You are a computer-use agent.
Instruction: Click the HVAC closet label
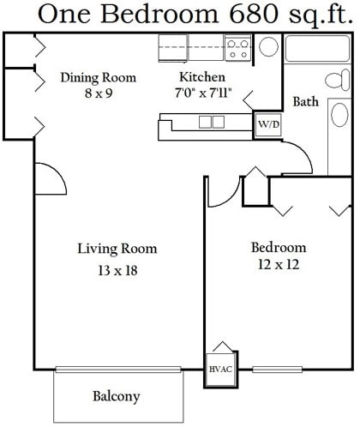tap(220, 369)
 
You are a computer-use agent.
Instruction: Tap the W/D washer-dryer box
tap(268, 124)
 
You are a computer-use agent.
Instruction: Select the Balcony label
tap(117, 396)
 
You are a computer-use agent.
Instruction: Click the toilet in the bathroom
tap(338, 80)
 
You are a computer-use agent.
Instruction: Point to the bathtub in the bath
tap(317, 48)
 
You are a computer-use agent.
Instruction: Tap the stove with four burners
tap(237, 48)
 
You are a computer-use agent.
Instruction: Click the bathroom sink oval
tap(339, 115)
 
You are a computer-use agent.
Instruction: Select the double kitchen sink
tap(212, 122)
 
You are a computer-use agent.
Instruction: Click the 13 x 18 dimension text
tap(117, 270)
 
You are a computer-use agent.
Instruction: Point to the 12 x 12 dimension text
tap(279, 264)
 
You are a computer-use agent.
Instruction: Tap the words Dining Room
tap(99, 78)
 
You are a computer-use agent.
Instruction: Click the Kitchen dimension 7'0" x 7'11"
tap(203, 93)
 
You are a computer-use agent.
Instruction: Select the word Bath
tap(306, 101)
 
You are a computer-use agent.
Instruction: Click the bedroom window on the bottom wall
tap(277, 370)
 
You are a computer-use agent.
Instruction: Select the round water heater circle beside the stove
tap(268, 46)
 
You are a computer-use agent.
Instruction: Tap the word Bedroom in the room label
tap(279, 248)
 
